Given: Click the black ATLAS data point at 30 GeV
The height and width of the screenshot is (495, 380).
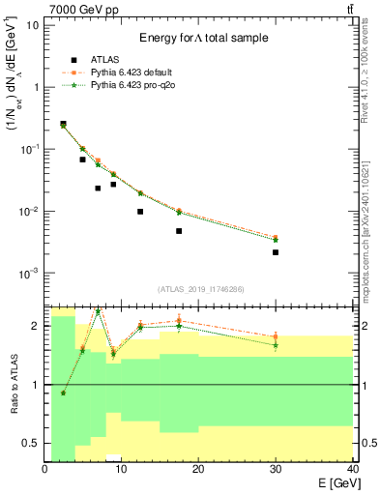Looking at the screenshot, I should (276, 252).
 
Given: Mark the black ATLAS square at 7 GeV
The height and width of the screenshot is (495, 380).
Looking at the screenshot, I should (98, 189).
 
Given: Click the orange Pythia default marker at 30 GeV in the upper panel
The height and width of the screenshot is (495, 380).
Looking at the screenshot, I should (276, 237).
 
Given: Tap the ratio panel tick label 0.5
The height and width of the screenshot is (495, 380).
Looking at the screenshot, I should (32, 443).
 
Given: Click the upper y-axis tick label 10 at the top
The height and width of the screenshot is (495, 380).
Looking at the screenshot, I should (33, 24).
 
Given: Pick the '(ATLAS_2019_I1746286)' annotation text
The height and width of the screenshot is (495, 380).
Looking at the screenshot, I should (199, 289).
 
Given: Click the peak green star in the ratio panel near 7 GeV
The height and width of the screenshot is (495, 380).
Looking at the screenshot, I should (98, 311).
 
